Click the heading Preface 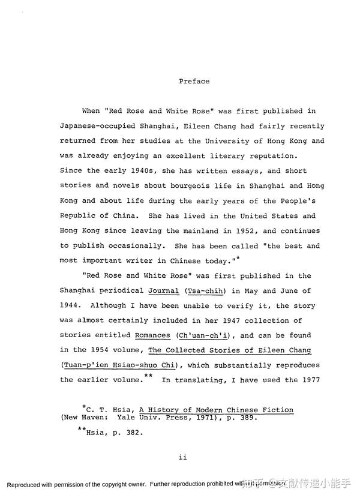pos(194,81)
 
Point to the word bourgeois pos(178,186)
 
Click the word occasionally pos(127,246)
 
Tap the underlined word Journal pos(164,291)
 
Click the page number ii pos(183,457)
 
